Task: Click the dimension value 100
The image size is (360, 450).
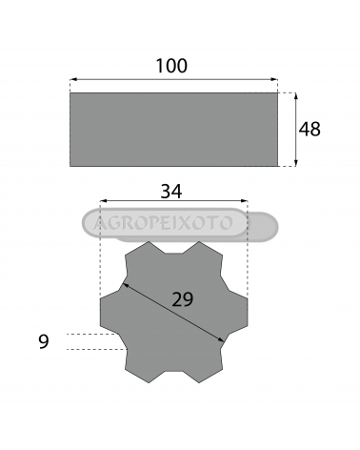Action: point(171,66)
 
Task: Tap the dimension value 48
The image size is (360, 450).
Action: point(310,130)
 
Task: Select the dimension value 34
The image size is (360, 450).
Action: point(171,192)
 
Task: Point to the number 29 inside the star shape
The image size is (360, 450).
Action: point(182,299)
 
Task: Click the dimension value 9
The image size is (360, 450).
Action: point(44,341)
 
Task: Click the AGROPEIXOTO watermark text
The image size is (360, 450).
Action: point(163,223)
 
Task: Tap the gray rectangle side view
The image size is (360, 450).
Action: point(173,130)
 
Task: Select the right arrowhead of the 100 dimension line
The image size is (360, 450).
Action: point(274,79)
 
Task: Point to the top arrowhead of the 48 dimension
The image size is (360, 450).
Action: point(296,97)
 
